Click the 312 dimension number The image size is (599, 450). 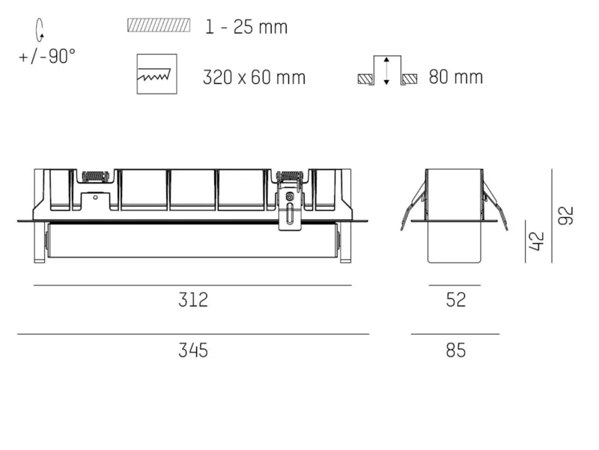(193, 300)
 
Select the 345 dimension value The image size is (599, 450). (193, 350)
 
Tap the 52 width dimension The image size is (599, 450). (456, 300)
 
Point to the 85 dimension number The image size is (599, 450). (456, 350)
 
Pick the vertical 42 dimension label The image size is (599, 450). (536, 241)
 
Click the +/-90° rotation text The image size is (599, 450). (47, 57)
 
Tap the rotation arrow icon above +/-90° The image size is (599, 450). (40, 30)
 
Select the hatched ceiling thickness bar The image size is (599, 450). (159, 25)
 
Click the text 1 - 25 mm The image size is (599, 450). (246, 27)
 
